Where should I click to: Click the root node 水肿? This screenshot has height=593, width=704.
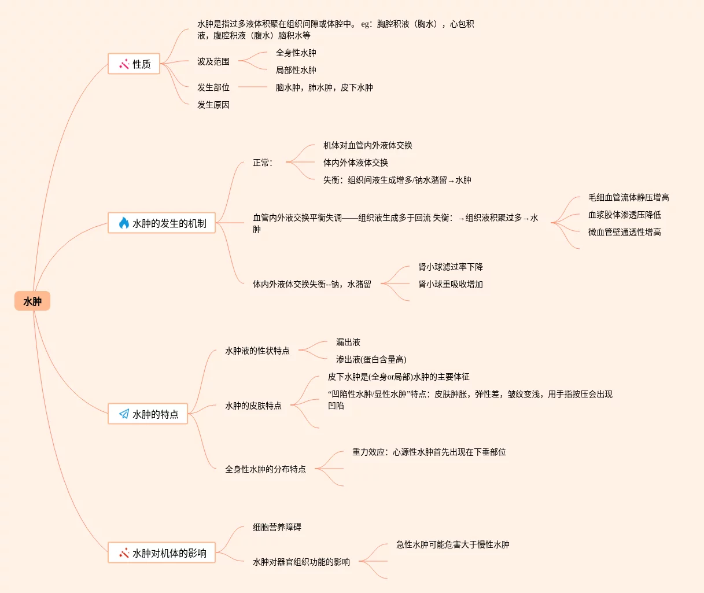(32, 301)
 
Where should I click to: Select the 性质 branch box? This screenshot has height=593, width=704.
(134, 64)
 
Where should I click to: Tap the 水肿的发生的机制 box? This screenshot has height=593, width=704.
(161, 223)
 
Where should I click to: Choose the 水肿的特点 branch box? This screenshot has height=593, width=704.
(148, 414)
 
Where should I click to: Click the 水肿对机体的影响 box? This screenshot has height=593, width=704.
(161, 553)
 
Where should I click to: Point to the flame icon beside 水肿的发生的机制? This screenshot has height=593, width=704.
(124, 223)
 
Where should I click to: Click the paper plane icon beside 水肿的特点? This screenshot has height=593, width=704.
(124, 414)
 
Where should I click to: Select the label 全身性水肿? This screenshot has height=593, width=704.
(296, 53)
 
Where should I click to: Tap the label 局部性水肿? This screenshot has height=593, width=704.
(296, 70)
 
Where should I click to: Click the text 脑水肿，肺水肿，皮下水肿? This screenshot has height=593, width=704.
(324, 87)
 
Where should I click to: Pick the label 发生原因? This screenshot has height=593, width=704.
(213, 105)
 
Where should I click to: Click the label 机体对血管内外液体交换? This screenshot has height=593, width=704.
(367, 145)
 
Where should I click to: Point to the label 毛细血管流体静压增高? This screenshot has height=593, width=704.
(628, 197)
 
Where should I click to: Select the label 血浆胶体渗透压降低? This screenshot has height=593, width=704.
(624, 215)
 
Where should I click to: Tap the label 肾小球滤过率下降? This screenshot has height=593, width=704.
(450, 267)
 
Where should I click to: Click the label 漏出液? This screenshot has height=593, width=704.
(348, 342)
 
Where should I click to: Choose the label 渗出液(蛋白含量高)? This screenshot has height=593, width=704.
(371, 359)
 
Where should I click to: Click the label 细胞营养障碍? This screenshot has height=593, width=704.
(277, 527)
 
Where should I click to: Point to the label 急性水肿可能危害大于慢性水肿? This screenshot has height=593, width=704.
(452, 544)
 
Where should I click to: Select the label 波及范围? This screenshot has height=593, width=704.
(213, 61)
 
